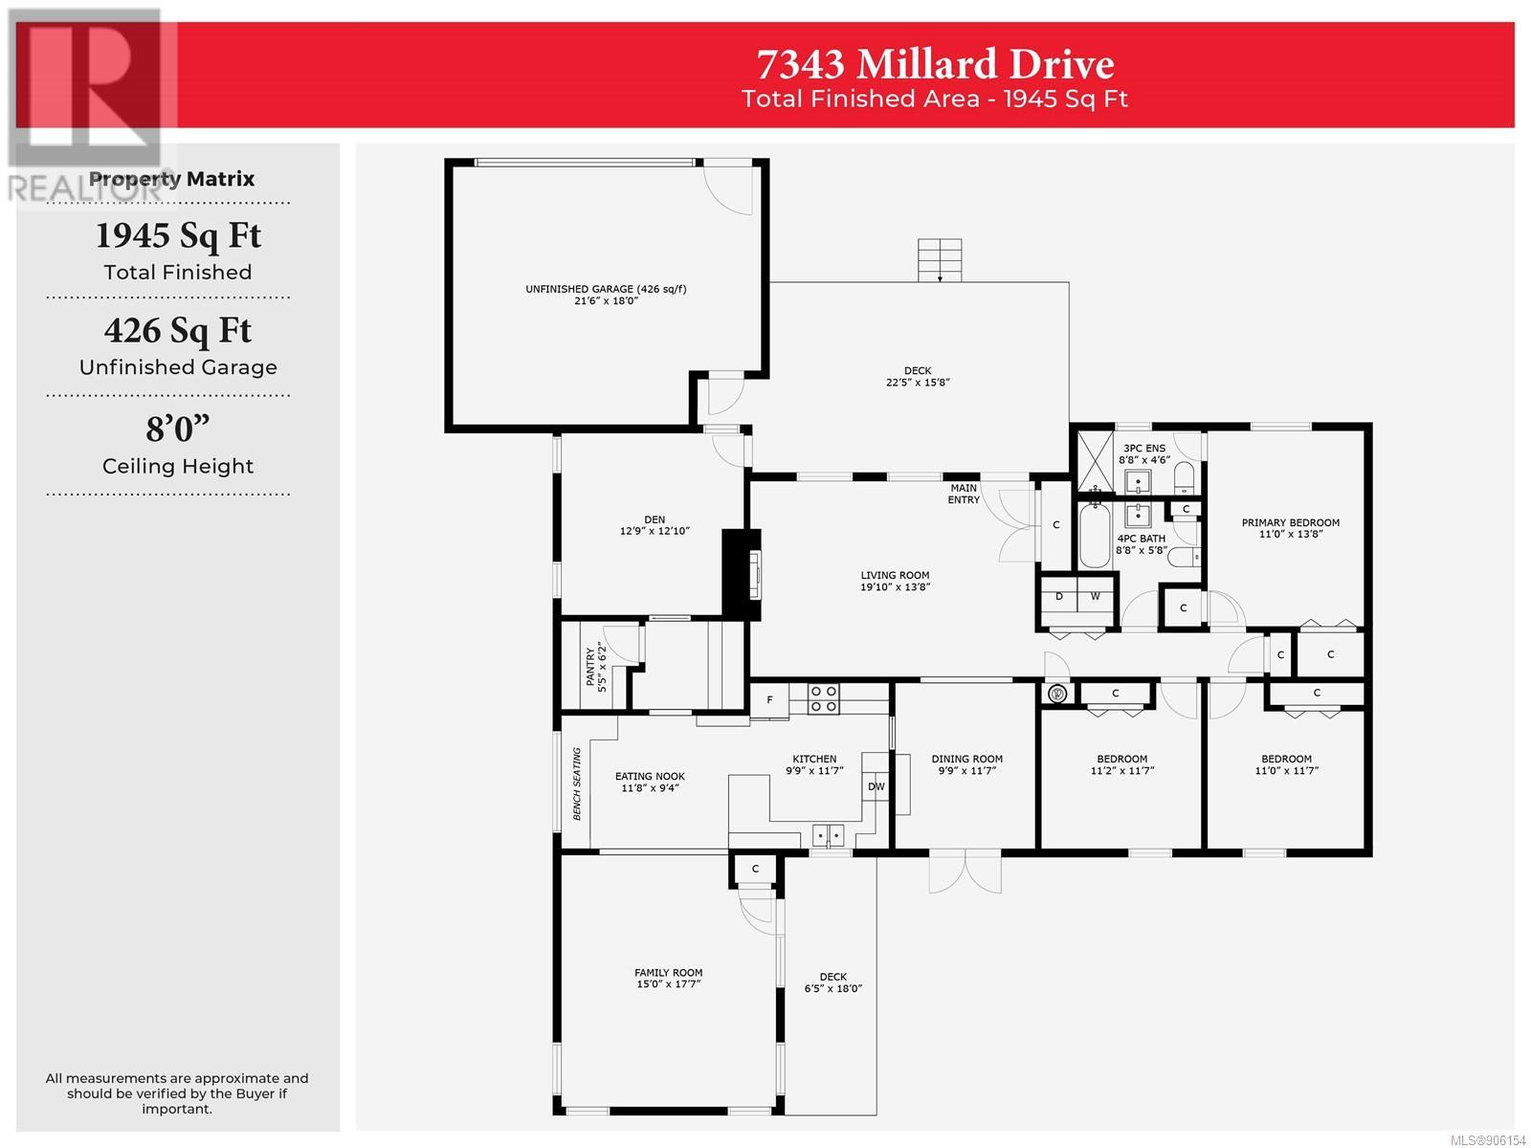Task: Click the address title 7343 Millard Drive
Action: pyautogui.click(x=935, y=64)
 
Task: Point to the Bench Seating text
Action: pyautogui.click(x=577, y=784)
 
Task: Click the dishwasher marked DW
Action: pyautogui.click(x=876, y=786)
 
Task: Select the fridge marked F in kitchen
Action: pyautogui.click(x=769, y=699)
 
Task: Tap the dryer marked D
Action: pyautogui.click(x=1059, y=597)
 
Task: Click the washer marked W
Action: pyautogui.click(x=1095, y=597)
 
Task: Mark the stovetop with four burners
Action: pyautogui.click(x=823, y=698)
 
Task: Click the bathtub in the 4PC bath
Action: pyautogui.click(x=1094, y=536)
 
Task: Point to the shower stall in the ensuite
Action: pyautogui.click(x=1095, y=462)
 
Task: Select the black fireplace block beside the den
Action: pyautogui.click(x=741, y=574)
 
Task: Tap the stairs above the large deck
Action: pyautogui.click(x=940, y=260)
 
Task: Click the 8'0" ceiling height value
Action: pyautogui.click(x=178, y=429)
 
